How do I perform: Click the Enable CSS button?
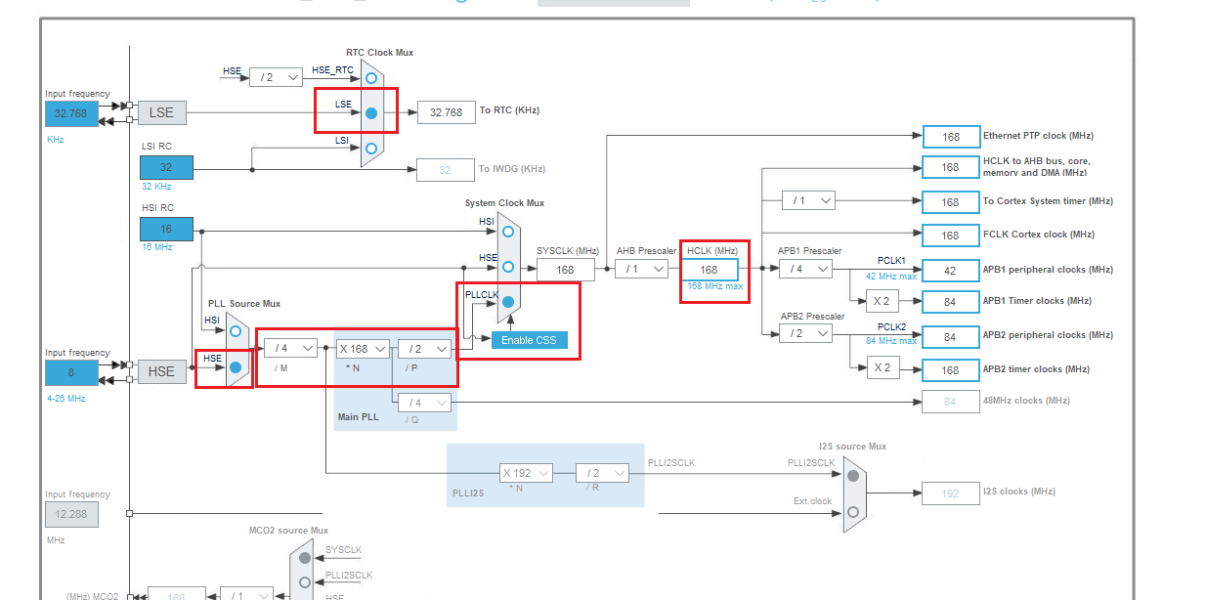[528, 340]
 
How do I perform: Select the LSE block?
[161, 112]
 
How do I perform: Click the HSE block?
[161, 371]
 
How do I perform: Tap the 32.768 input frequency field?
[70, 113]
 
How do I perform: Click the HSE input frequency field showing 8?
[70, 372]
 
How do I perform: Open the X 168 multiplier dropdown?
[363, 349]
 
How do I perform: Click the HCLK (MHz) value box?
[710, 270]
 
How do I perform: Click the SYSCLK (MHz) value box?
[566, 270]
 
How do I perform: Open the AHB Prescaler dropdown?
[641, 270]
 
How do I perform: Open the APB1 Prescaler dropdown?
[805, 270]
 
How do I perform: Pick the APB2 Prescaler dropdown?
[805, 334]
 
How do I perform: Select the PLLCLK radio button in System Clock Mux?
[508, 303]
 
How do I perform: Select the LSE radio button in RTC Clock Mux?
[371, 113]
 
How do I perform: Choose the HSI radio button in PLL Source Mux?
[236, 331]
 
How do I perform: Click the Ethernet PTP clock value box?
[951, 137]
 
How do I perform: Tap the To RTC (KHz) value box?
[446, 112]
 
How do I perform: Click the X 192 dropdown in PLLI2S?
[526, 473]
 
